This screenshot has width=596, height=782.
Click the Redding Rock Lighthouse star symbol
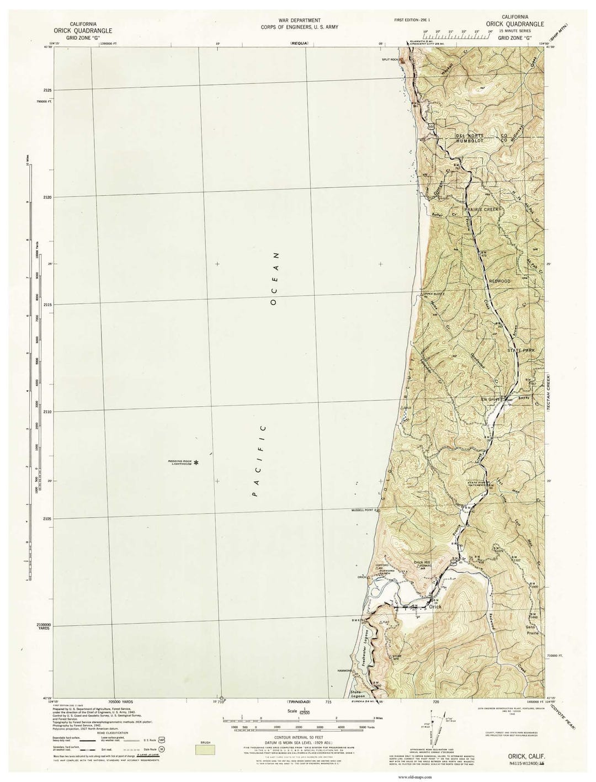point(195,463)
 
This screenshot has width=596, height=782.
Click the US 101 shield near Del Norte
point(430,127)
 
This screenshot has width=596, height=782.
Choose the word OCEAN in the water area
point(274,279)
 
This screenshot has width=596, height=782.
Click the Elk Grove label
point(490,399)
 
